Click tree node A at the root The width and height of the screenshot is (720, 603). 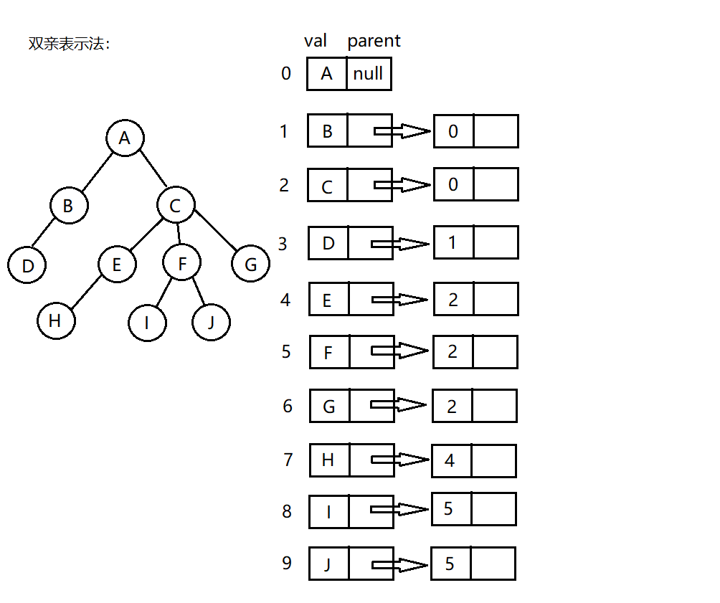125,138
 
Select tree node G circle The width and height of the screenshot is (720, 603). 251,264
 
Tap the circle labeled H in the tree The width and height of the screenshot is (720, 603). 56,320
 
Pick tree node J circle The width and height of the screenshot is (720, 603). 212,322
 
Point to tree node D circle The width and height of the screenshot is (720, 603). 27,265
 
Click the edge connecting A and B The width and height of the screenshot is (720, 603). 98,171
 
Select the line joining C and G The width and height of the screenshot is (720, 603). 215,231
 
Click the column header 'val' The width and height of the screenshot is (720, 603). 316,41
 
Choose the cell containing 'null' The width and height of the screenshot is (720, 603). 369,74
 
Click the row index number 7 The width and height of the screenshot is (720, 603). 288,460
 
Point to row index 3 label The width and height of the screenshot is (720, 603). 283,244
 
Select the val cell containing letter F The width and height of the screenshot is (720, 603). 330,352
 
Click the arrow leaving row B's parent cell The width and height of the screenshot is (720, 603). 403,131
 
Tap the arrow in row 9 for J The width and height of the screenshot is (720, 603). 400,565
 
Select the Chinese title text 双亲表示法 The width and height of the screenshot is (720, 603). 69,44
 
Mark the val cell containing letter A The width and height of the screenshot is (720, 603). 327,74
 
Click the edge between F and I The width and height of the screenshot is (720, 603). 164,292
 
